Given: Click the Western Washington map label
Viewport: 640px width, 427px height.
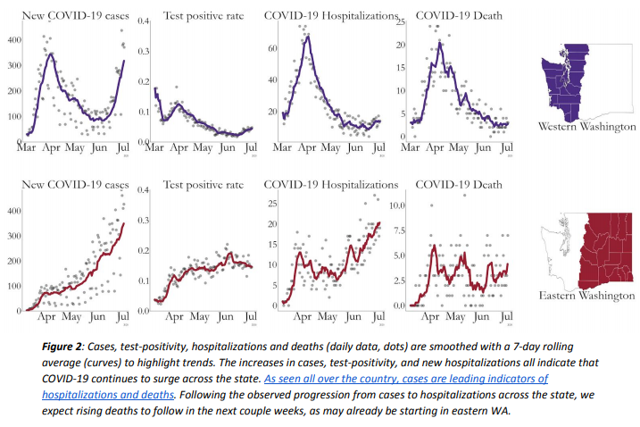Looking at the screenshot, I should tap(587, 127).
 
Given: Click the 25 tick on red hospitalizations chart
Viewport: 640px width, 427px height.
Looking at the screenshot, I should tap(274, 204).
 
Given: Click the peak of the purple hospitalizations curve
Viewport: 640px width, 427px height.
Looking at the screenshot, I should tap(307, 36).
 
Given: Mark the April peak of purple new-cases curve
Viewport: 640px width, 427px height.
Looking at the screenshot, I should tap(51, 54).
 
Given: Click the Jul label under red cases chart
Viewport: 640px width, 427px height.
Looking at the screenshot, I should tap(122, 316).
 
